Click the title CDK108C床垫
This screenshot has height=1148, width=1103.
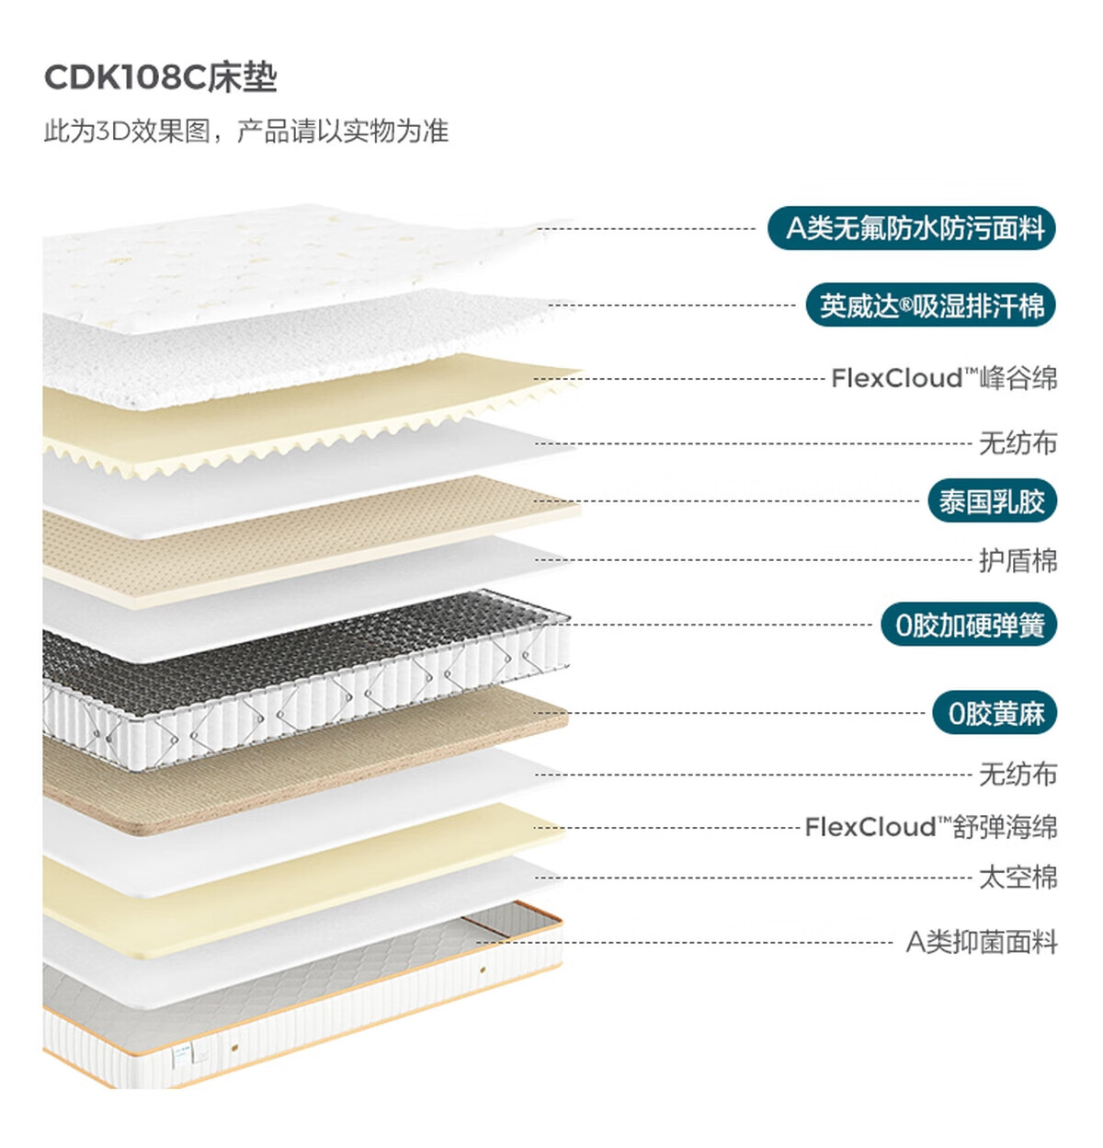160,77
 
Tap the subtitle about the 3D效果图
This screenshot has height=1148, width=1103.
245,131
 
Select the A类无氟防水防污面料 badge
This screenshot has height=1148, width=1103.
912,227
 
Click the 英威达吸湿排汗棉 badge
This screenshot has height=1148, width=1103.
930,305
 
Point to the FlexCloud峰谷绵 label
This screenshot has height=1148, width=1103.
943,378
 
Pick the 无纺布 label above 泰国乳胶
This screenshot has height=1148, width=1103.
1018,443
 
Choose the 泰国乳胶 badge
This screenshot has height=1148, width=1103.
992,501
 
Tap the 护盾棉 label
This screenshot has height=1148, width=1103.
1018,560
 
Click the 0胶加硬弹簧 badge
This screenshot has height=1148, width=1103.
970,626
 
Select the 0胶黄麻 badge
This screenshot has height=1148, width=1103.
995,713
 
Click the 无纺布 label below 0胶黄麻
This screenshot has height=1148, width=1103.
1018,775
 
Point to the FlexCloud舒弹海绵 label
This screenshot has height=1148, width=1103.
930,827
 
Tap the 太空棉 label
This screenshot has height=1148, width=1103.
1018,878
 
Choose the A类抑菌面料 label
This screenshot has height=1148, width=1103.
981,942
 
